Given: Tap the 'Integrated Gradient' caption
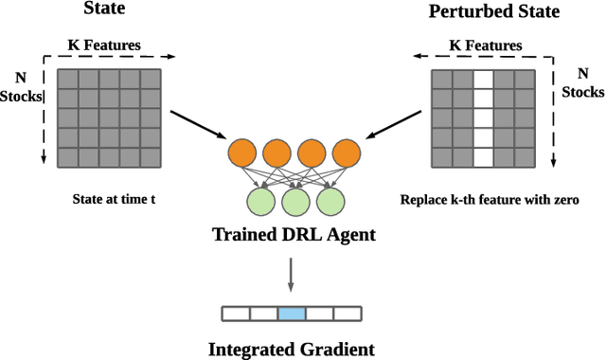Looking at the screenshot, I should click(x=292, y=349).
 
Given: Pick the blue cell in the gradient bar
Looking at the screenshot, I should click(x=291, y=313).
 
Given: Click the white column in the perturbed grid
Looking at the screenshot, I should click(x=483, y=118).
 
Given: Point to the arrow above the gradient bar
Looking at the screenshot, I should click(x=292, y=276).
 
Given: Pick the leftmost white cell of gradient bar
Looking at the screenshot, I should click(x=235, y=313).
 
